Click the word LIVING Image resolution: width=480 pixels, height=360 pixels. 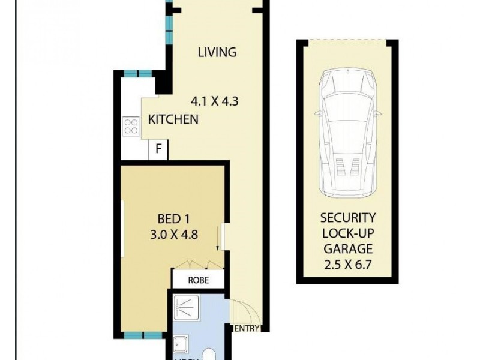[217, 52]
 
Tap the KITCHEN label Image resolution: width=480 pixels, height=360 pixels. [173, 119]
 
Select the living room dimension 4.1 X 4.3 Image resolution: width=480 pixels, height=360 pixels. [215, 101]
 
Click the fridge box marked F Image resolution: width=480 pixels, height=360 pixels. [158, 149]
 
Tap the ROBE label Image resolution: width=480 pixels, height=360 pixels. [198, 280]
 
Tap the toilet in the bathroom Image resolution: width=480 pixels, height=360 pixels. [210, 354]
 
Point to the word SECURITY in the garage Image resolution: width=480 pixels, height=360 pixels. [347, 218]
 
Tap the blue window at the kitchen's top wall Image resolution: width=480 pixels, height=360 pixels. [137, 74]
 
